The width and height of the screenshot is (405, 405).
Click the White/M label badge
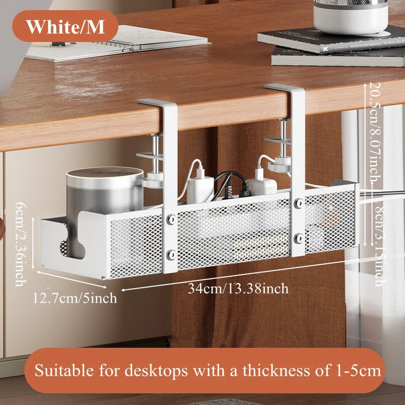click(x=65, y=26)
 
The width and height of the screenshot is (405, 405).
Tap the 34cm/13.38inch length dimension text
click(x=238, y=289)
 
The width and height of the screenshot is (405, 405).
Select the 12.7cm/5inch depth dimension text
click(x=75, y=298)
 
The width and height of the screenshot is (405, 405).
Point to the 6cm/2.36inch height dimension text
click(x=21, y=245)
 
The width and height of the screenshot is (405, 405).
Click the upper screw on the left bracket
click(x=171, y=220)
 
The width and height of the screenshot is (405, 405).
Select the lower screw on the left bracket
click(x=171, y=255)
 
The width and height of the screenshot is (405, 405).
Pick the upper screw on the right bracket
click(x=299, y=203)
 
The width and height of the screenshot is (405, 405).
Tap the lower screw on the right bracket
click(x=299, y=238)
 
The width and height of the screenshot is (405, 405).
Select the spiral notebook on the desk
click(x=117, y=44)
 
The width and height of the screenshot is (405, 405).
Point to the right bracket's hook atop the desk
click(x=285, y=89)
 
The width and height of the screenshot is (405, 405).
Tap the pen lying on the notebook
click(x=63, y=44)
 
